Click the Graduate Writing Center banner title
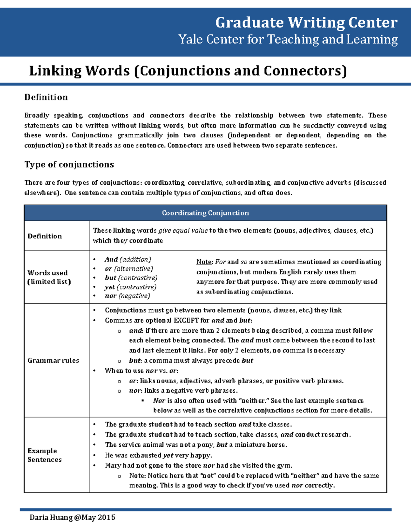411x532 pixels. (306, 23)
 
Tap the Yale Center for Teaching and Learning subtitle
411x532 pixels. (288, 39)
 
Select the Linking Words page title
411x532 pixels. (188, 71)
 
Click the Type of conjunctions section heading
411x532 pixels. (69, 164)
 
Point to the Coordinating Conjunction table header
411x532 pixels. (205, 213)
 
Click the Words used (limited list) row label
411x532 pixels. (49, 277)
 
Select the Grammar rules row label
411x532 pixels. (53, 360)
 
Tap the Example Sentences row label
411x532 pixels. (45, 455)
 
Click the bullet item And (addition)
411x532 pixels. (128, 259)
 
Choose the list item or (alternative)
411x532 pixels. (129, 269)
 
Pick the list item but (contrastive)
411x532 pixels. (131, 278)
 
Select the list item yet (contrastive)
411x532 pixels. (130, 287)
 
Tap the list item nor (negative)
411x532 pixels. (127, 296)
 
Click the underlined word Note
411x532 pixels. (204, 262)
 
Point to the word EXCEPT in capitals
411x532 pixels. (186, 320)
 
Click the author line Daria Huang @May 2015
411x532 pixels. (72, 517)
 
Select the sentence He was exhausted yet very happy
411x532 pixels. (158, 455)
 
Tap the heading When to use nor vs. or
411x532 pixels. (141, 371)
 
